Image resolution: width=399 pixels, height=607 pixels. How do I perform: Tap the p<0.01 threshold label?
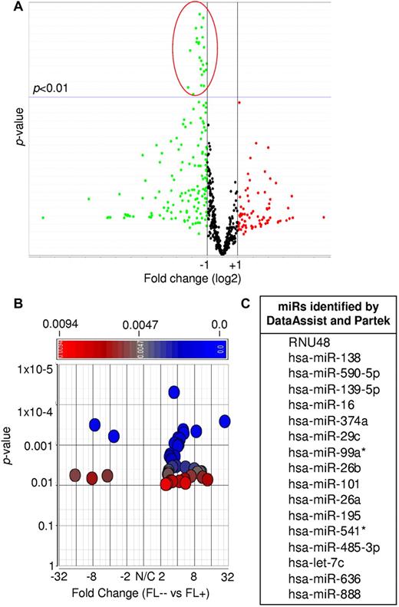coord(51,88)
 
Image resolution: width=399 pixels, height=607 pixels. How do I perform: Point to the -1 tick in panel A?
coord(205,265)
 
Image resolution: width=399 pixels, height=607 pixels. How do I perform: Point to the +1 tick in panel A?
coord(238,265)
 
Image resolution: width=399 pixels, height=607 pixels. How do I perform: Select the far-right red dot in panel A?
coord(324,217)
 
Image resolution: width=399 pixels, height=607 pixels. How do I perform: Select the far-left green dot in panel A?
coord(43,217)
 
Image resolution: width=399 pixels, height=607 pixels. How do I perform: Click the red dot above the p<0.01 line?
coord(239,101)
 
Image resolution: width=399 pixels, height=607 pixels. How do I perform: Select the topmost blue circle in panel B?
coord(173,392)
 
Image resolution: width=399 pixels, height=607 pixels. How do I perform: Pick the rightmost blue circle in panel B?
coord(225,421)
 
